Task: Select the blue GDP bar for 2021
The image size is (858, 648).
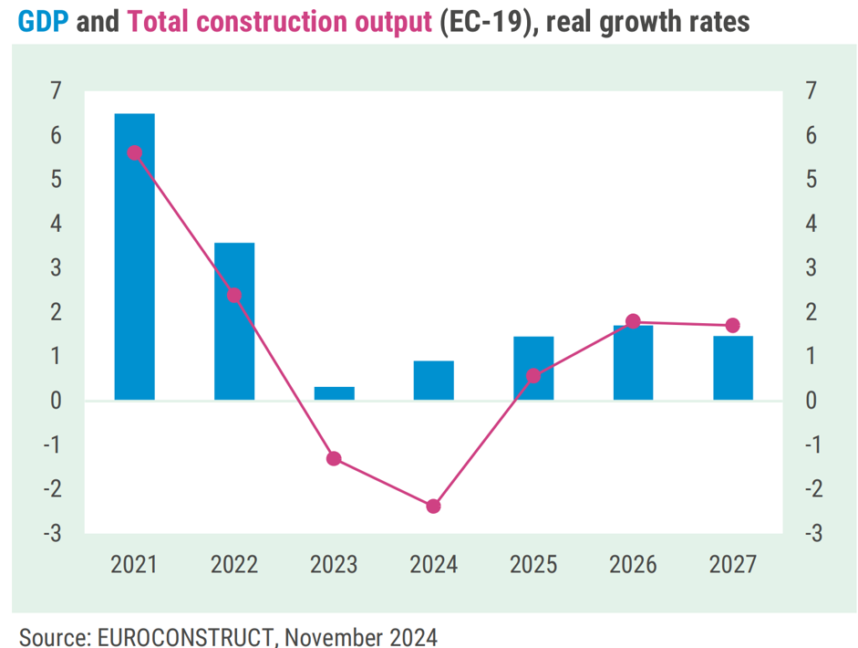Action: (134, 256)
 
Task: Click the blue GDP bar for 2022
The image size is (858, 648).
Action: (234, 321)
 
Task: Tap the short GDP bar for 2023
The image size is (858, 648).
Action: (334, 393)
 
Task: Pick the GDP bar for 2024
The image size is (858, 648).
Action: (434, 381)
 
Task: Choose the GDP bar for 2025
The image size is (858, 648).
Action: (533, 368)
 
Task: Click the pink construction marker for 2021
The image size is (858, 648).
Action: (135, 153)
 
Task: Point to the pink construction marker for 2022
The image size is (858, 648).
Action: (234, 296)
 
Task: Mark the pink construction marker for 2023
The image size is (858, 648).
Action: (334, 458)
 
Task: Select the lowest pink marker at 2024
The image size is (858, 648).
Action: (434, 506)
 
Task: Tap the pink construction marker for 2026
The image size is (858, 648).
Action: (634, 321)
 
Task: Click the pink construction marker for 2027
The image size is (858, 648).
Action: (733, 326)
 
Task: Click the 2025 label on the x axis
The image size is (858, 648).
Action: (533, 565)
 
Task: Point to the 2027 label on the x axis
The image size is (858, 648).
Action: (733, 565)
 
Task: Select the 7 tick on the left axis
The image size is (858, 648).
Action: (56, 91)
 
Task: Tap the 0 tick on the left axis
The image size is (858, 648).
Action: (56, 401)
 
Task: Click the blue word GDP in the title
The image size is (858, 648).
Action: (43, 21)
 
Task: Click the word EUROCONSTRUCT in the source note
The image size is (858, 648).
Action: (170, 635)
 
